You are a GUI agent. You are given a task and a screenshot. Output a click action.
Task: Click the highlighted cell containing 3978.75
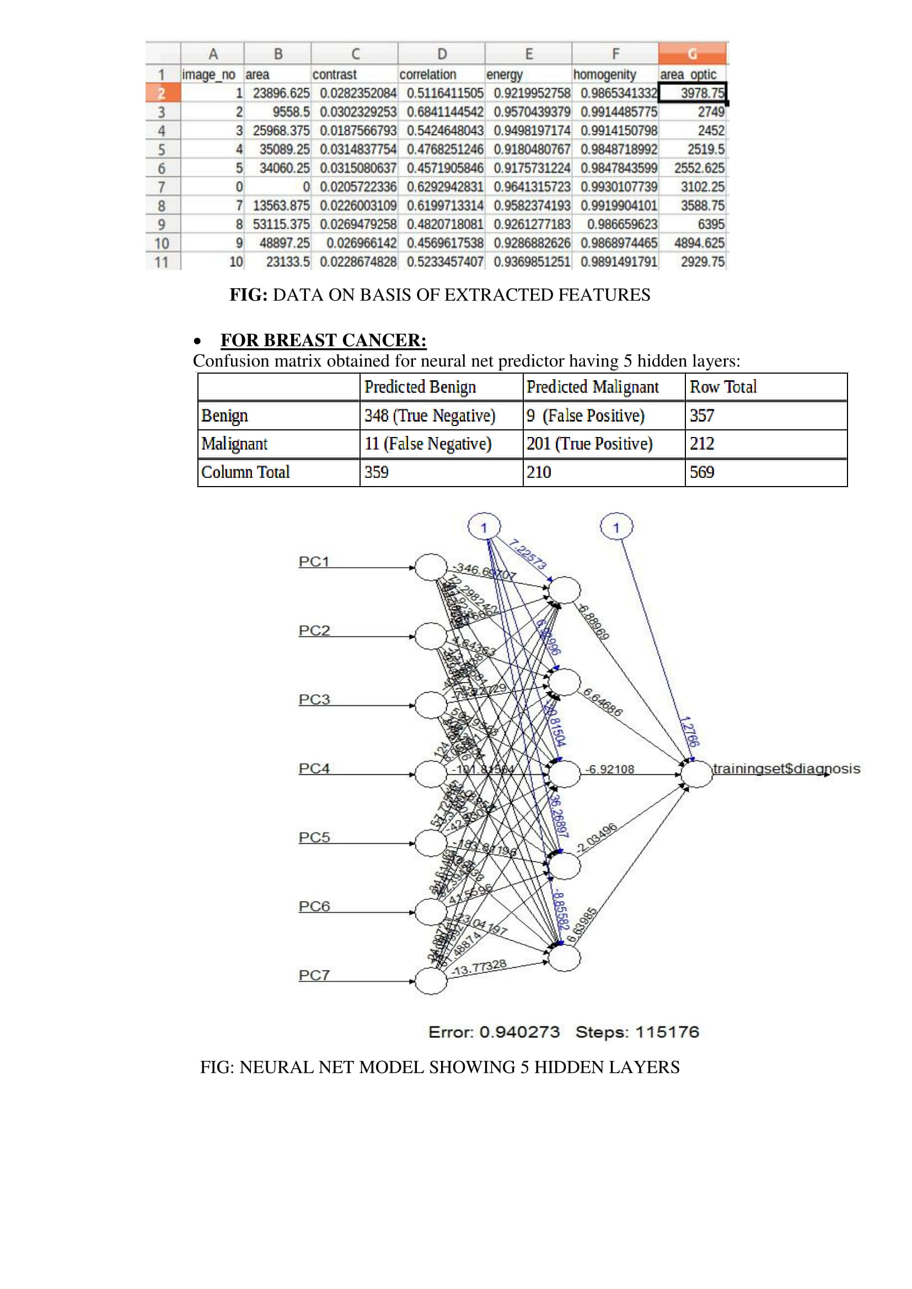pyautogui.click(x=692, y=93)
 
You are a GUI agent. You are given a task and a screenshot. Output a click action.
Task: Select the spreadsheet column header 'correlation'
pyautogui.click(x=427, y=74)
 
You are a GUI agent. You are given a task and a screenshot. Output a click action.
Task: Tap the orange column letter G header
pyautogui.click(x=692, y=54)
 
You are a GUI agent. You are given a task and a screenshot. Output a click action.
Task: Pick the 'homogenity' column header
pyautogui.click(x=604, y=74)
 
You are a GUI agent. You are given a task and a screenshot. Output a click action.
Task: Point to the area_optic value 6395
pyautogui.click(x=710, y=224)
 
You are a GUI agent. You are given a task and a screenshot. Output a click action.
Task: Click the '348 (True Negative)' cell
pyautogui.click(x=430, y=416)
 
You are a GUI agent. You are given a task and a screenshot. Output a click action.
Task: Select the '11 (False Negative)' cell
pyautogui.click(x=427, y=444)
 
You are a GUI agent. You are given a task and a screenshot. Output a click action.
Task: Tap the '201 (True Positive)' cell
pyautogui.click(x=589, y=444)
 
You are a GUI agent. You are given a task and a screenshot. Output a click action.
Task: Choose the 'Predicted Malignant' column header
pyautogui.click(x=592, y=387)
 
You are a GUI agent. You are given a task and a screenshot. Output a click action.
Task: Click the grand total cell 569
pyautogui.click(x=702, y=472)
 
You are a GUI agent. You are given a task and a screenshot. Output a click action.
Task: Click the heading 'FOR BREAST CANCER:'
pyautogui.click(x=323, y=340)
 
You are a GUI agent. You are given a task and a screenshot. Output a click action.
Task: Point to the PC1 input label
pyautogui.click(x=313, y=562)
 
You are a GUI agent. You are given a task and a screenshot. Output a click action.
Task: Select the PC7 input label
pyautogui.click(x=313, y=975)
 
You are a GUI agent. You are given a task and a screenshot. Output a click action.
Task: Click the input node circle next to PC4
pyautogui.click(x=431, y=774)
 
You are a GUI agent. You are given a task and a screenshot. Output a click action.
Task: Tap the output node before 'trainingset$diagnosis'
pyautogui.click(x=696, y=774)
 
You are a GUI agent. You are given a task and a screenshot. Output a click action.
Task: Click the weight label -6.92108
pyautogui.click(x=609, y=769)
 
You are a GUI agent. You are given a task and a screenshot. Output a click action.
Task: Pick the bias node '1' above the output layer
pyautogui.click(x=616, y=527)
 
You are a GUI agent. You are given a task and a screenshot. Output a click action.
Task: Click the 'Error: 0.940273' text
pyautogui.click(x=493, y=1032)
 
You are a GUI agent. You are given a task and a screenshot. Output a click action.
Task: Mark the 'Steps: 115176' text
pyautogui.click(x=637, y=1032)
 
